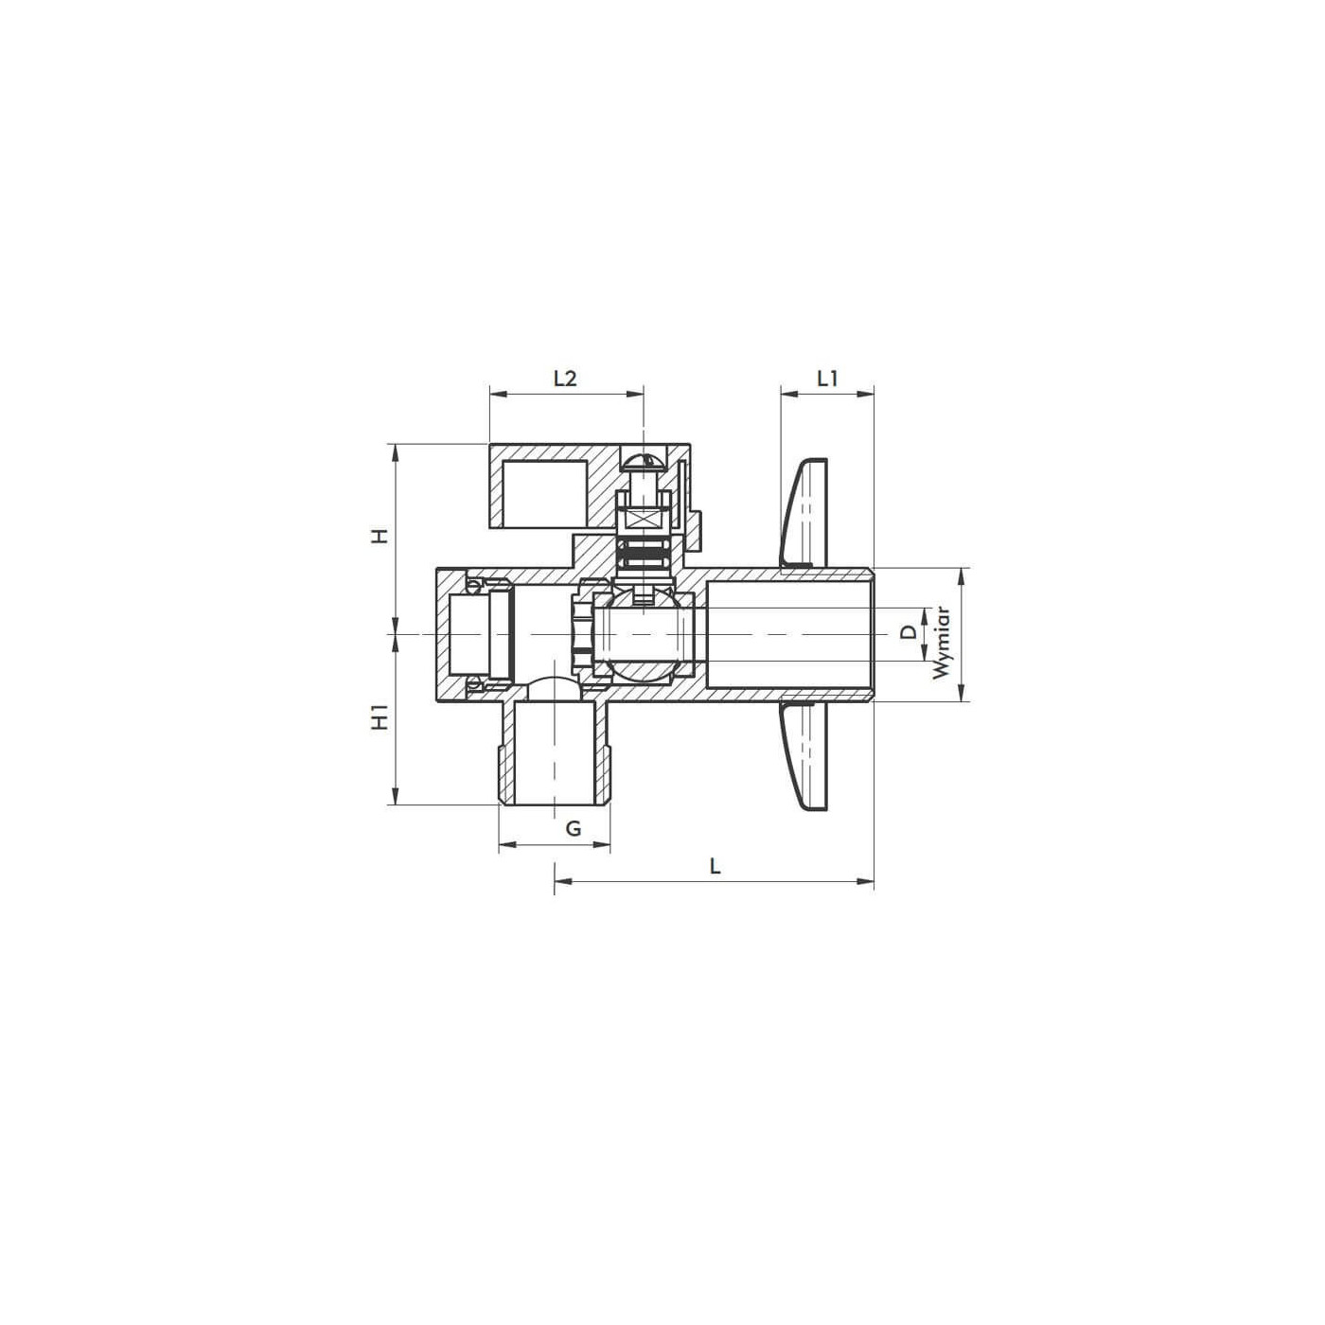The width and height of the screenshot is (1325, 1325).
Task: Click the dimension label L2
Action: pyautogui.click(x=564, y=379)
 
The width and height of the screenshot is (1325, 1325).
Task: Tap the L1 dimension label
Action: pyautogui.click(x=827, y=379)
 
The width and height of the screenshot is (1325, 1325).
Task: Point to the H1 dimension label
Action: pyautogui.click(x=380, y=717)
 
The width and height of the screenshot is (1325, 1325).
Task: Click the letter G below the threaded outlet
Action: pyautogui.click(x=574, y=828)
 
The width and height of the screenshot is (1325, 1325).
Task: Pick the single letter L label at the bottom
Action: pyautogui.click(x=715, y=865)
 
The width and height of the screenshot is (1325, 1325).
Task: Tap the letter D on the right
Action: pyautogui.click(x=909, y=632)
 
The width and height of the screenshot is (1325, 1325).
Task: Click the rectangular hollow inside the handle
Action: pyautogui.click(x=545, y=493)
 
